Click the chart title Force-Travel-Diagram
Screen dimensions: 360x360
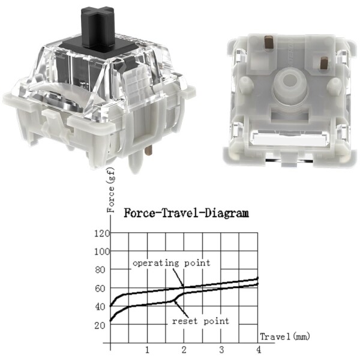(186, 213)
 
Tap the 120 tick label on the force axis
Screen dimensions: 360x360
(102, 233)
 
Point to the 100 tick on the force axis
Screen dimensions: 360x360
(102, 252)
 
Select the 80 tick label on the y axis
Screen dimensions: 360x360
(100, 270)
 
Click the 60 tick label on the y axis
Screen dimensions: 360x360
(100, 289)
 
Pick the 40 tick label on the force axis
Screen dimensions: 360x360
(100, 307)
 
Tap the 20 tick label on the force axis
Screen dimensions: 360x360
(100, 325)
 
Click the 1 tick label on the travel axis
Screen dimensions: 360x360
(147, 350)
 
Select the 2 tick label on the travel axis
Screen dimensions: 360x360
(184, 350)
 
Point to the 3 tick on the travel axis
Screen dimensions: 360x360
(221, 350)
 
